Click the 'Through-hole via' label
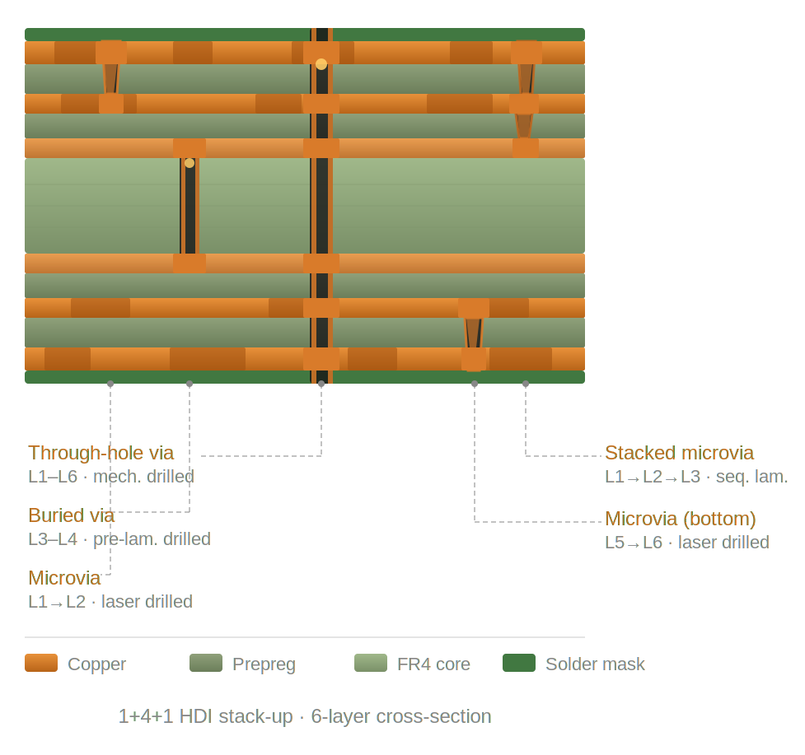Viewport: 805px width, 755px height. tap(101, 453)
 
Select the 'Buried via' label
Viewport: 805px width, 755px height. tap(72, 515)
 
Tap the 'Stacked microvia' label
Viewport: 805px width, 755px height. tap(679, 453)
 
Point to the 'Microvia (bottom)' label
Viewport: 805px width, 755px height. tap(681, 519)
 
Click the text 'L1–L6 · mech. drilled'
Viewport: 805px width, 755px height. tap(111, 477)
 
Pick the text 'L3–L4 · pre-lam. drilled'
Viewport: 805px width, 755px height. tap(119, 539)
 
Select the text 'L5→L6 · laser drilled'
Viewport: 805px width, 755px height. tap(687, 542)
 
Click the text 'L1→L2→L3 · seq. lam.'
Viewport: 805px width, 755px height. tap(696, 477)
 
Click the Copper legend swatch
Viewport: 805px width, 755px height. tap(41, 663)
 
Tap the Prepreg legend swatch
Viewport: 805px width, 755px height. tap(206, 663)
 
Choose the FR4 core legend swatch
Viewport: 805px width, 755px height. tap(371, 663)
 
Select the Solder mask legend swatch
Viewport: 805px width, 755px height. tap(519, 663)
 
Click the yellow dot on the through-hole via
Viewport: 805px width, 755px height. tap(321, 64)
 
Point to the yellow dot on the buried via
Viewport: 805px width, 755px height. tap(190, 163)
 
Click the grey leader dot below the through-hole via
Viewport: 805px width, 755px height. tap(321, 384)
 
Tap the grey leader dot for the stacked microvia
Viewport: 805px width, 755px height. tap(526, 384)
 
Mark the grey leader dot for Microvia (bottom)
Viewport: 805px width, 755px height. tap(475, 384)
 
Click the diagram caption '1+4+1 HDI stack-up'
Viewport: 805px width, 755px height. tap(205, 716)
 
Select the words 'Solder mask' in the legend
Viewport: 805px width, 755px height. tap(595, 664)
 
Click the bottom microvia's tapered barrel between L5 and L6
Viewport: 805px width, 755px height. tap(474, 333)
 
